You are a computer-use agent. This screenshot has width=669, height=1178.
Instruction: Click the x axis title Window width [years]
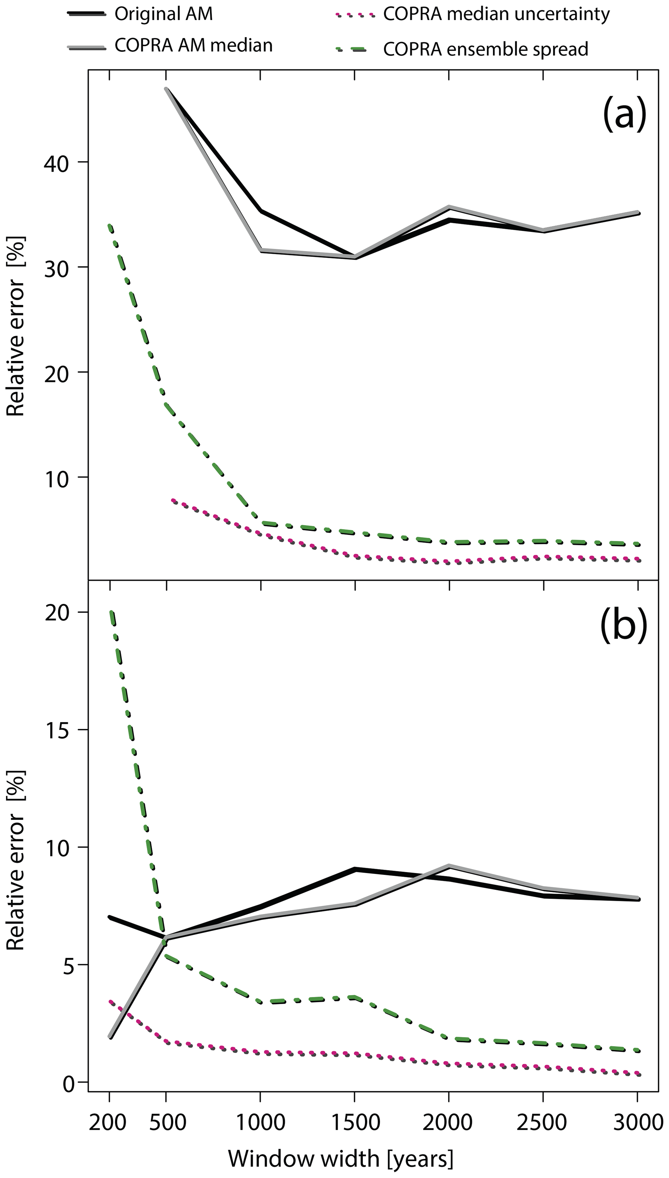[x=340, y=1158]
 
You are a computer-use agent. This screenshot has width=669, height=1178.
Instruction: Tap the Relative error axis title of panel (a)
[x=16, y=326]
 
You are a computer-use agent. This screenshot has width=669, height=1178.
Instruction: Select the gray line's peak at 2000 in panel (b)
[x=449, y=866]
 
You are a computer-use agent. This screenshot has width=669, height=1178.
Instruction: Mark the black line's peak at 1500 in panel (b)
[x=354, y=869]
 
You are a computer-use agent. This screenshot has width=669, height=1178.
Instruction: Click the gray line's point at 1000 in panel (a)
[x=261, y=250]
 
